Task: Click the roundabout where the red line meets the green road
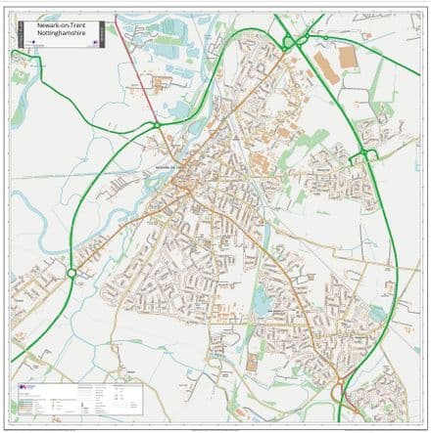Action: [155, 125]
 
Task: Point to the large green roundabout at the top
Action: [291, 41]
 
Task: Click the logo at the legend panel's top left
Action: [24, 388]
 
